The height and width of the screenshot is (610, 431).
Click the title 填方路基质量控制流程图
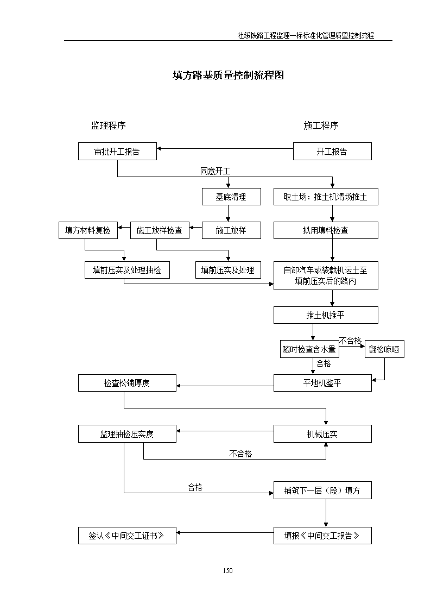[228, 75]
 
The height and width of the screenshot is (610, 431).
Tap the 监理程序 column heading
[109, 125]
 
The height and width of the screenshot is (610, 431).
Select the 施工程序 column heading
[321, 125]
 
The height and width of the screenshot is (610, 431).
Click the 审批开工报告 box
[117, 152]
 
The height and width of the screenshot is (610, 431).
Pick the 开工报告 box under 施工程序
[332, 152]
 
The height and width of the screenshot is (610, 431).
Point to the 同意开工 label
[215, 171]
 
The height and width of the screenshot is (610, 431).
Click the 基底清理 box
[231, 197]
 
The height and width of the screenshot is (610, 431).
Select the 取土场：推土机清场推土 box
[326, 197]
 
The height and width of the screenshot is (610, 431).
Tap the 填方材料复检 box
[88, 230]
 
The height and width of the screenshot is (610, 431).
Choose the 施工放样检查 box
[160, 230]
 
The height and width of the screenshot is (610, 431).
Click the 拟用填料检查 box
[326, 230]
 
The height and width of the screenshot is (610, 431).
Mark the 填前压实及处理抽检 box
[127, 270]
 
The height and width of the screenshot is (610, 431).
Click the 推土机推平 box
[326, 315]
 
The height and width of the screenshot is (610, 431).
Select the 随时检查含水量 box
[309, 349]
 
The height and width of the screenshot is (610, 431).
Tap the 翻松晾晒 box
[384, 349]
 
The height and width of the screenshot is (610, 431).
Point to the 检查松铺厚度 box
[127, 383]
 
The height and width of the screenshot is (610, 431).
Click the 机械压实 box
[322, 434]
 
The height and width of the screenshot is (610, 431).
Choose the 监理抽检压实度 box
[127, 434]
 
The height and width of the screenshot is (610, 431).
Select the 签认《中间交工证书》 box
[127, 536]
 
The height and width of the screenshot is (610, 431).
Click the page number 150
[228, 571]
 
